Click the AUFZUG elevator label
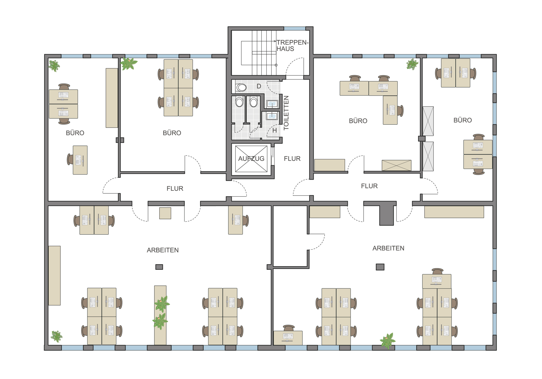point(251,159)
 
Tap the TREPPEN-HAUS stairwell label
point(292,45)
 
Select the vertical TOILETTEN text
point(286,113)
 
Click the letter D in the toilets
point(259,86)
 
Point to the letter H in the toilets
point(274,130)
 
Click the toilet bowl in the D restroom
point(241,87)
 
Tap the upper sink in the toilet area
point(272,104)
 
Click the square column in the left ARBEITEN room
point(159,267)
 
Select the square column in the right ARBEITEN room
point(380,267)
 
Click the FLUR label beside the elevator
point(292,159)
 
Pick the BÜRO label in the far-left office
point(75,133)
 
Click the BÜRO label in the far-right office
point(463,120)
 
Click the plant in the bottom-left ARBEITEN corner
point(56,336)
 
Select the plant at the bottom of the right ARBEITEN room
point(388,341)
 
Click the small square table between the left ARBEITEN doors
point(165,213)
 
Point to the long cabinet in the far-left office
point(112,98)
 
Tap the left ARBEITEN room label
point(163,250)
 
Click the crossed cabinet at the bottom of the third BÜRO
point(397,165)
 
